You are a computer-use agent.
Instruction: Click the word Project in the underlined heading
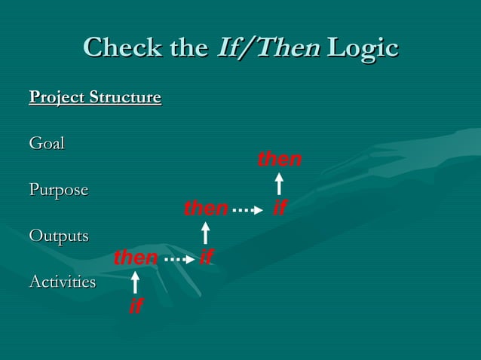[57, 98]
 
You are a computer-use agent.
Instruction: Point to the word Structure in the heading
[124, 98]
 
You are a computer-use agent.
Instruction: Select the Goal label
[47, 143]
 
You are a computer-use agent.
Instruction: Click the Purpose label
[59, 190]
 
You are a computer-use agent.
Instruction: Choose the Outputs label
[59, 236]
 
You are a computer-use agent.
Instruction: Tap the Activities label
[63, 282]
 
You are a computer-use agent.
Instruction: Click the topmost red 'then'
[279, 160]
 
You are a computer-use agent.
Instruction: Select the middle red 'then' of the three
[206, 208]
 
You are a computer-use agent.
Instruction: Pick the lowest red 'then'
[135, 258]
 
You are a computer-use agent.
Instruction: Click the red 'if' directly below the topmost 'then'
[279, 208]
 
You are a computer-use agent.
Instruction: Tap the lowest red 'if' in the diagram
[136, 306]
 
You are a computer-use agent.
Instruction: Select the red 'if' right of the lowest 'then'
[205, 258]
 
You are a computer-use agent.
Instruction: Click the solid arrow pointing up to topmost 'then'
[279, 184]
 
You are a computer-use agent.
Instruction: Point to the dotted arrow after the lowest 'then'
[176, 259]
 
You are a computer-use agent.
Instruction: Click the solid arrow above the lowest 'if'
[135, 282]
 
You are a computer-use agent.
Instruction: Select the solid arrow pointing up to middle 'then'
[205, 233]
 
